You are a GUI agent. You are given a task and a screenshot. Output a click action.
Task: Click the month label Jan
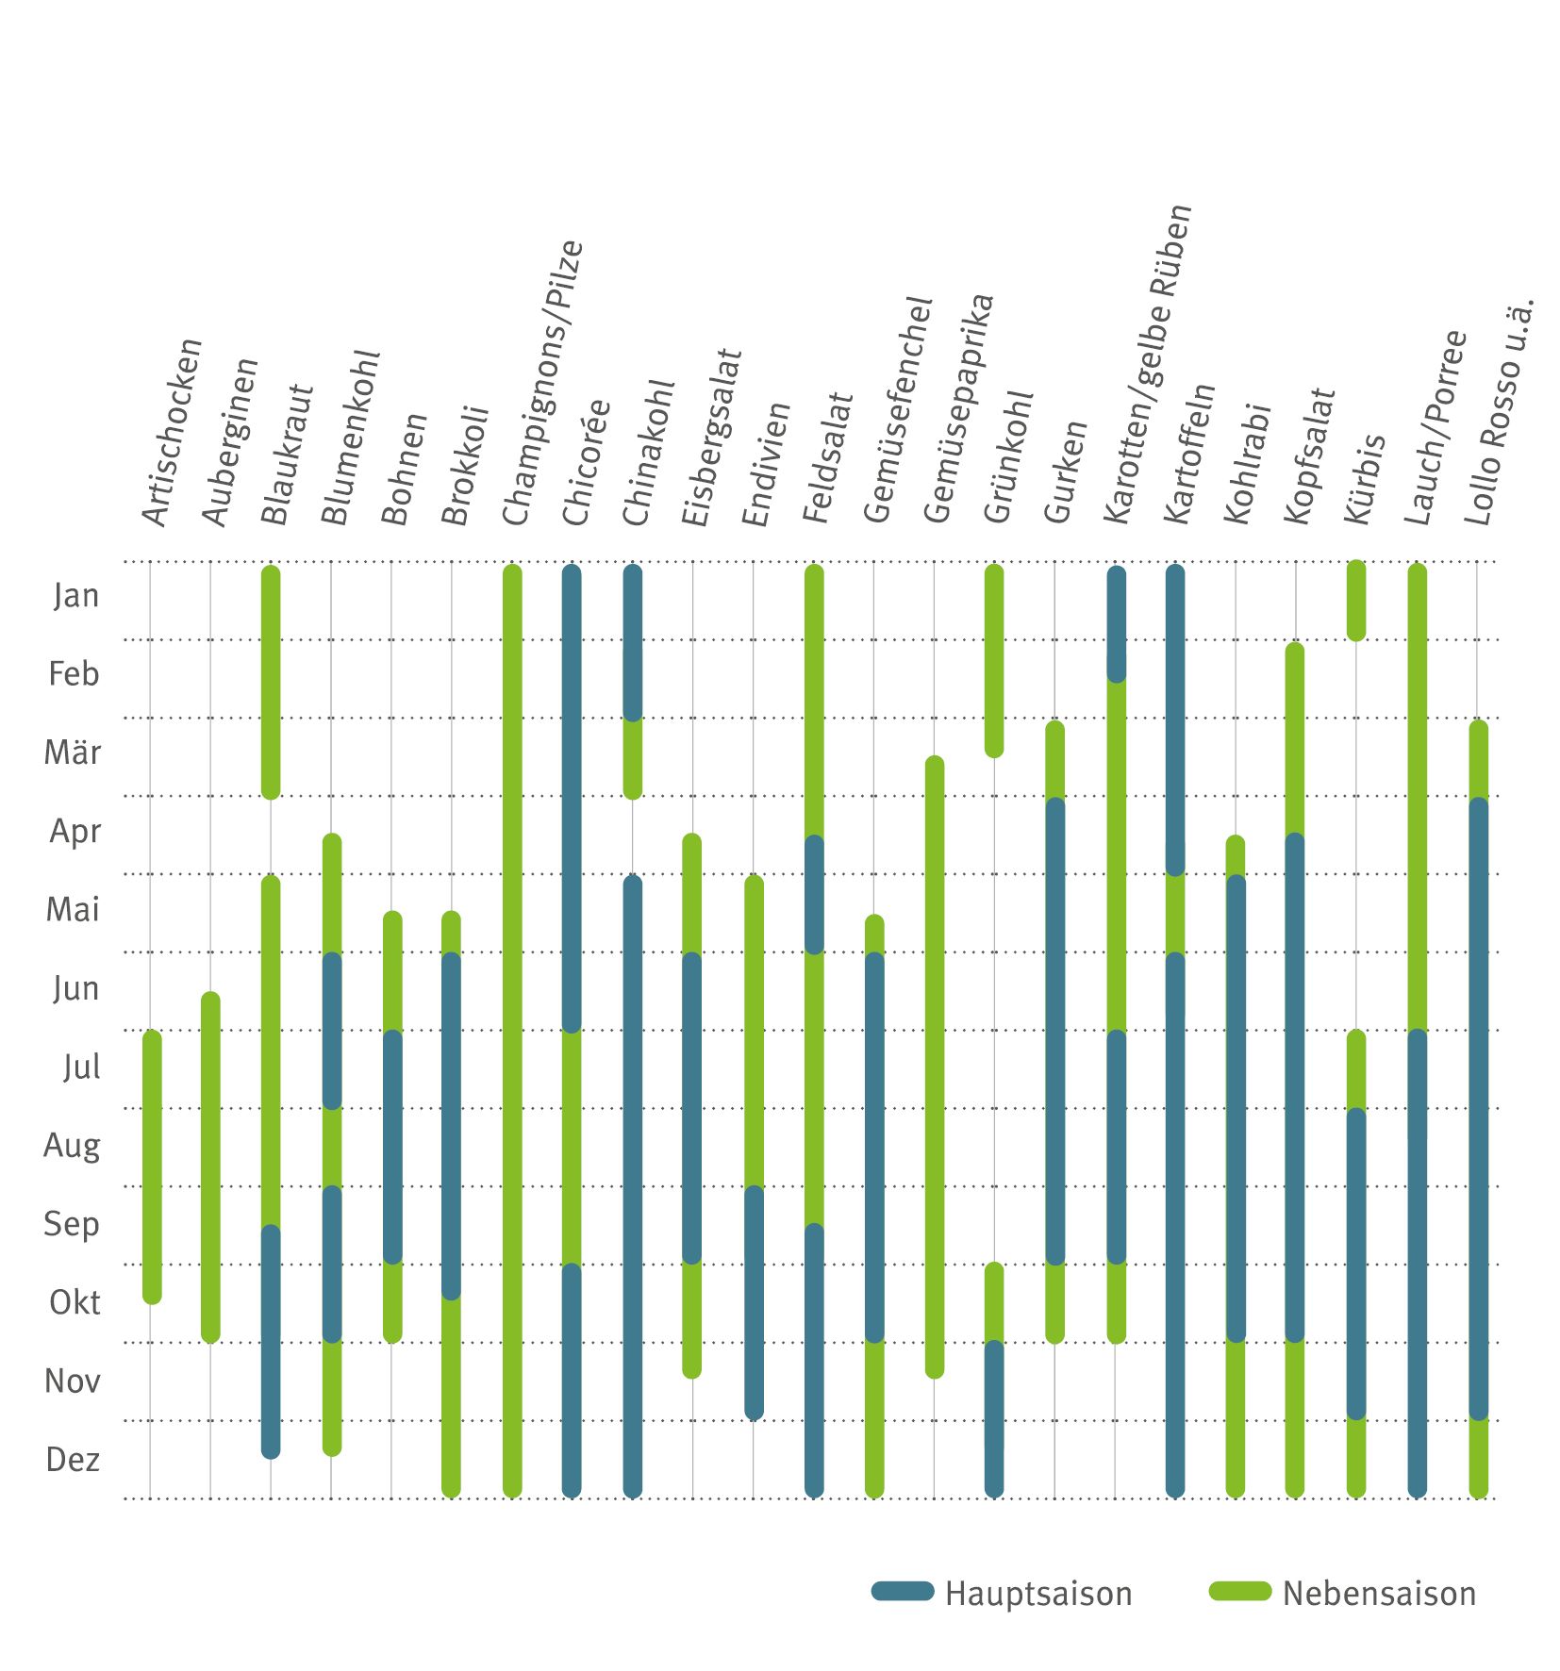pyautogui.click(x=75, y=596)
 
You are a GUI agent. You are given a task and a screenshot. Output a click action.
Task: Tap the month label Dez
pyautogui.click(x=73, y=1460)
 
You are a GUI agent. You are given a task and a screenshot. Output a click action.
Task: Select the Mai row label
pyautogui.click(x=73, y=910)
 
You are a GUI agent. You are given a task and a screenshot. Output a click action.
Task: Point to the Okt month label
pyautogui.click(x=75, y=1302)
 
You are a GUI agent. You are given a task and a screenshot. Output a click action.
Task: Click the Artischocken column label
pyautogui.click(x=172, y=432)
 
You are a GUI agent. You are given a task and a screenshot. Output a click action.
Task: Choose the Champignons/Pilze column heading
pyautogui.click(x=542, y=383)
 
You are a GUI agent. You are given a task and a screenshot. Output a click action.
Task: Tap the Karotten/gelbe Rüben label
pyautogui.click(x=1147, y=364)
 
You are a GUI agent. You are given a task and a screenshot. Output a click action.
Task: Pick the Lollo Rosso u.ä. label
pyautogui.click(x=1499, y=412)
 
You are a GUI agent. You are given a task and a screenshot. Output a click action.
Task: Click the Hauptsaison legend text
pyautogui.click(x=1037, y=1594)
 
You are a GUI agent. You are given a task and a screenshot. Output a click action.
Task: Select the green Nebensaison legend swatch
pyautogui.click(x=1240, y=1592)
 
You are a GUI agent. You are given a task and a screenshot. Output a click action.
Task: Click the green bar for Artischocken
pyautogui.click(x=152, y=1166)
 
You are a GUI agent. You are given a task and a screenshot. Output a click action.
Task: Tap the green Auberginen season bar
pyautogui.click(x=210, y=1166)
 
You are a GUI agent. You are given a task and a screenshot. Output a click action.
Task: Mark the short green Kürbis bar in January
pyautogui.click(x=1355, y=601)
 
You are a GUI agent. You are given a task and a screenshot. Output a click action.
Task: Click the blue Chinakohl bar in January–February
pyautogui.click(x=632, y=642)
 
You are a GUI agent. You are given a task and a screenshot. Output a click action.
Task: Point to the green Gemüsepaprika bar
pyautogui.click(x=934, y=1067)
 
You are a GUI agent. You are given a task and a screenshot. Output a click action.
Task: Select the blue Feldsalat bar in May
pyautogui.click(x=814, y=894)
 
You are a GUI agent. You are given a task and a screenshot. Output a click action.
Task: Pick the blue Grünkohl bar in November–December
pyautogui.click(x=993, y=1418)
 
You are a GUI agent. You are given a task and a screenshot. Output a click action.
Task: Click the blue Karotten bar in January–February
pyautogui.click(x=1116, y=623)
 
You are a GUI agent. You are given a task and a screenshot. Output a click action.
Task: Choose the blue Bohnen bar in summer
pyautogui.click(x=392, y=1147)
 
